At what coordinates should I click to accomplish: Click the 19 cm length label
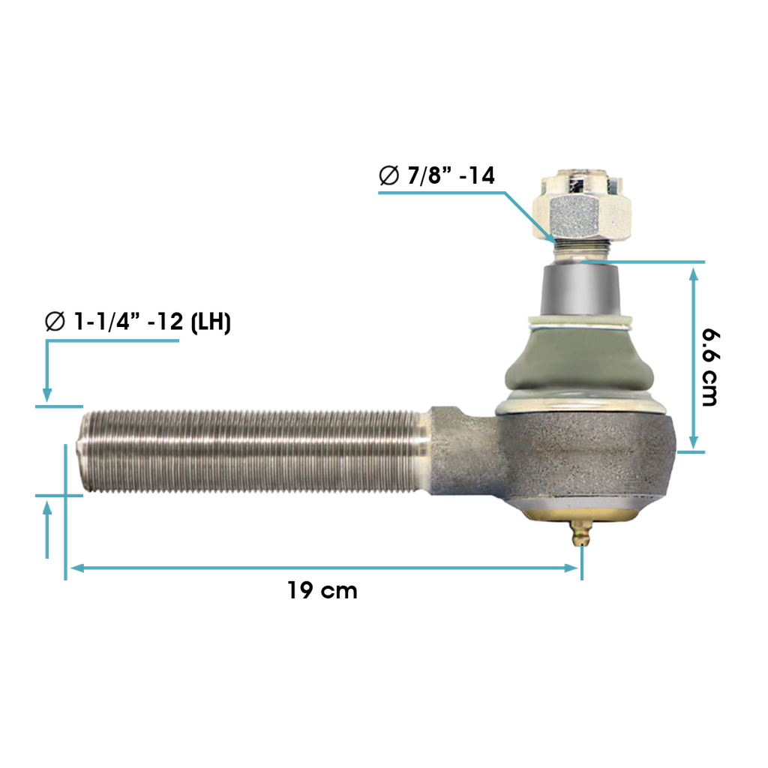pyautogui.click(x=322, y=590)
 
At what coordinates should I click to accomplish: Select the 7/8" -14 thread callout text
pyautogui.click(x=437, y=175)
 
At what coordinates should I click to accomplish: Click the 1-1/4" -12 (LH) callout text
pyautogui.click(x=138, y=321)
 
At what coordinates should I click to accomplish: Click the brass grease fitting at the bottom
pyautogui.click(x=581, y=533)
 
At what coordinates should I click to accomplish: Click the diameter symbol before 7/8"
pyautogui.click(x=389, y=175)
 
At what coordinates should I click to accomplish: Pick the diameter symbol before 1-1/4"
pyautogui.click(x=55, y=321)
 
